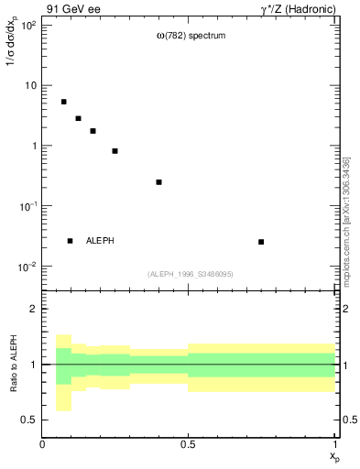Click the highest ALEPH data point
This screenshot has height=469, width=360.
[x=63, y=102]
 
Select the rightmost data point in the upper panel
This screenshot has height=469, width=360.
[x=261, y=242]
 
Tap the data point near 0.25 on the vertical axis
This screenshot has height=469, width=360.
[x=158, y=182]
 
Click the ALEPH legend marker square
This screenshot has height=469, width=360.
[x=70, y=241]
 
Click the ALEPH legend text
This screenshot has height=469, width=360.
[x=100, y=241]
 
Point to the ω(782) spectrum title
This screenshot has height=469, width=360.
[x=190, y=36]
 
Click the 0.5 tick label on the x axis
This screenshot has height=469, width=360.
[x=189, y=444]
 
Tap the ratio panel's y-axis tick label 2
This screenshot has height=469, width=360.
[x=33, y=309]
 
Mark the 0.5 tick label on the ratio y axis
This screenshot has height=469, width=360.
[x=29, y=420]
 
